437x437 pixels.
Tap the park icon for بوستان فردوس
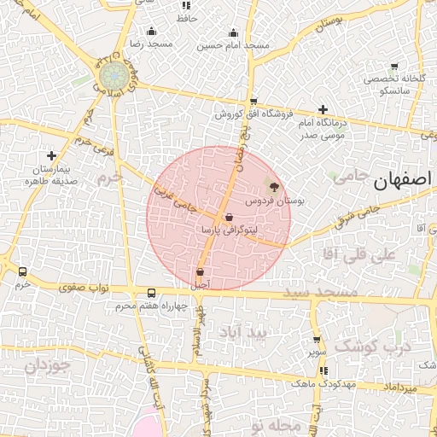coord(273,185)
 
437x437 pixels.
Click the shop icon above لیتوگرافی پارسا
coord(229,217)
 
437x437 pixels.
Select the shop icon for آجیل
coord(200,271)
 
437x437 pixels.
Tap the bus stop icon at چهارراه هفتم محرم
coord(151,293)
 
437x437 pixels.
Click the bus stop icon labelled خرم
coord(22,271)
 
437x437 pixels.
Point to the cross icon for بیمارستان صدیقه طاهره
coord(52,156)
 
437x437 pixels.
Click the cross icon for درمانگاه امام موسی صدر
coord(322,109)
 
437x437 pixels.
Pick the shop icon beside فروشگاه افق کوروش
coord(253,101)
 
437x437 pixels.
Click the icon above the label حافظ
coord(187,6)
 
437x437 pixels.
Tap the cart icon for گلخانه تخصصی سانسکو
coord(393,67)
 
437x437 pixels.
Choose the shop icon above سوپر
coord(317,339)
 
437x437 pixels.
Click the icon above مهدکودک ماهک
coord(323,370)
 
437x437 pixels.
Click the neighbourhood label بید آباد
coord(242,331)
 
